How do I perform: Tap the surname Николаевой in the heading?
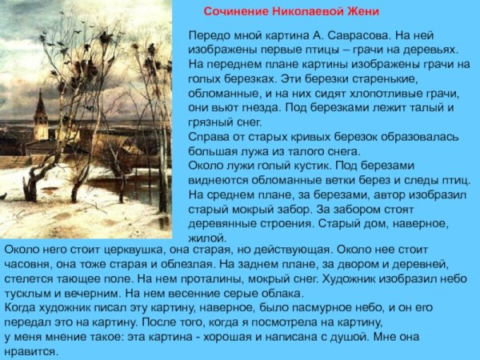(307, 13)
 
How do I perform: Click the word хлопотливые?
(400, 94)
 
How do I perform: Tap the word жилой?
(207, 238)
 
